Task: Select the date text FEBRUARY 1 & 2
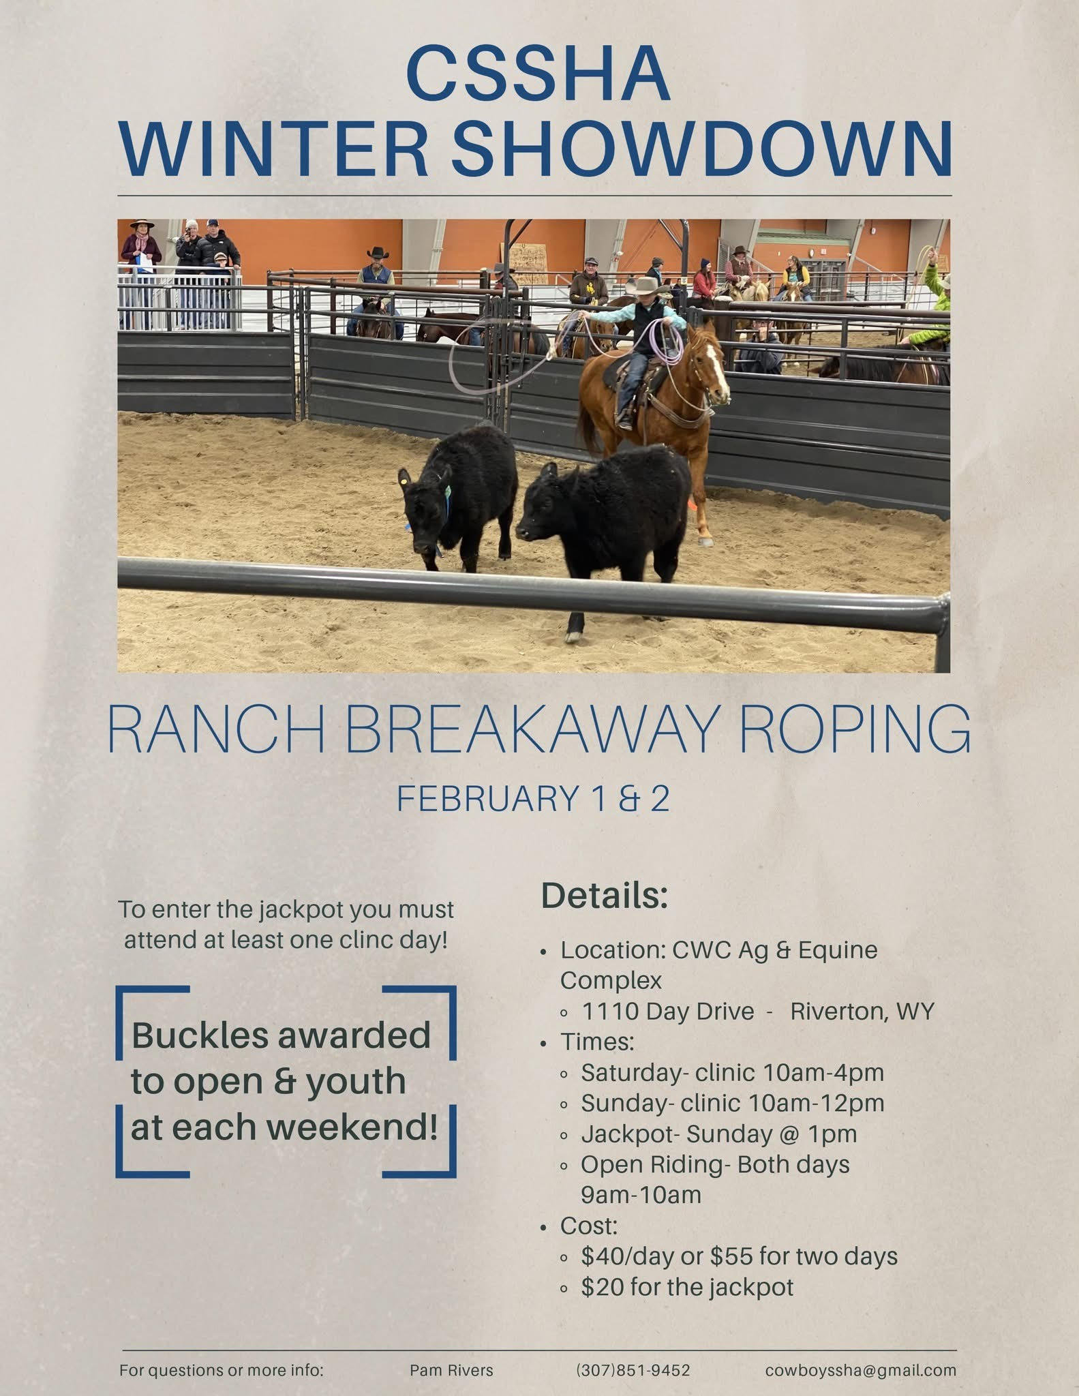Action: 533,799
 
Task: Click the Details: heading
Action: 605,896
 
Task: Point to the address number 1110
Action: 609,1011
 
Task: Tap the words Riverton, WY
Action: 862,1012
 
